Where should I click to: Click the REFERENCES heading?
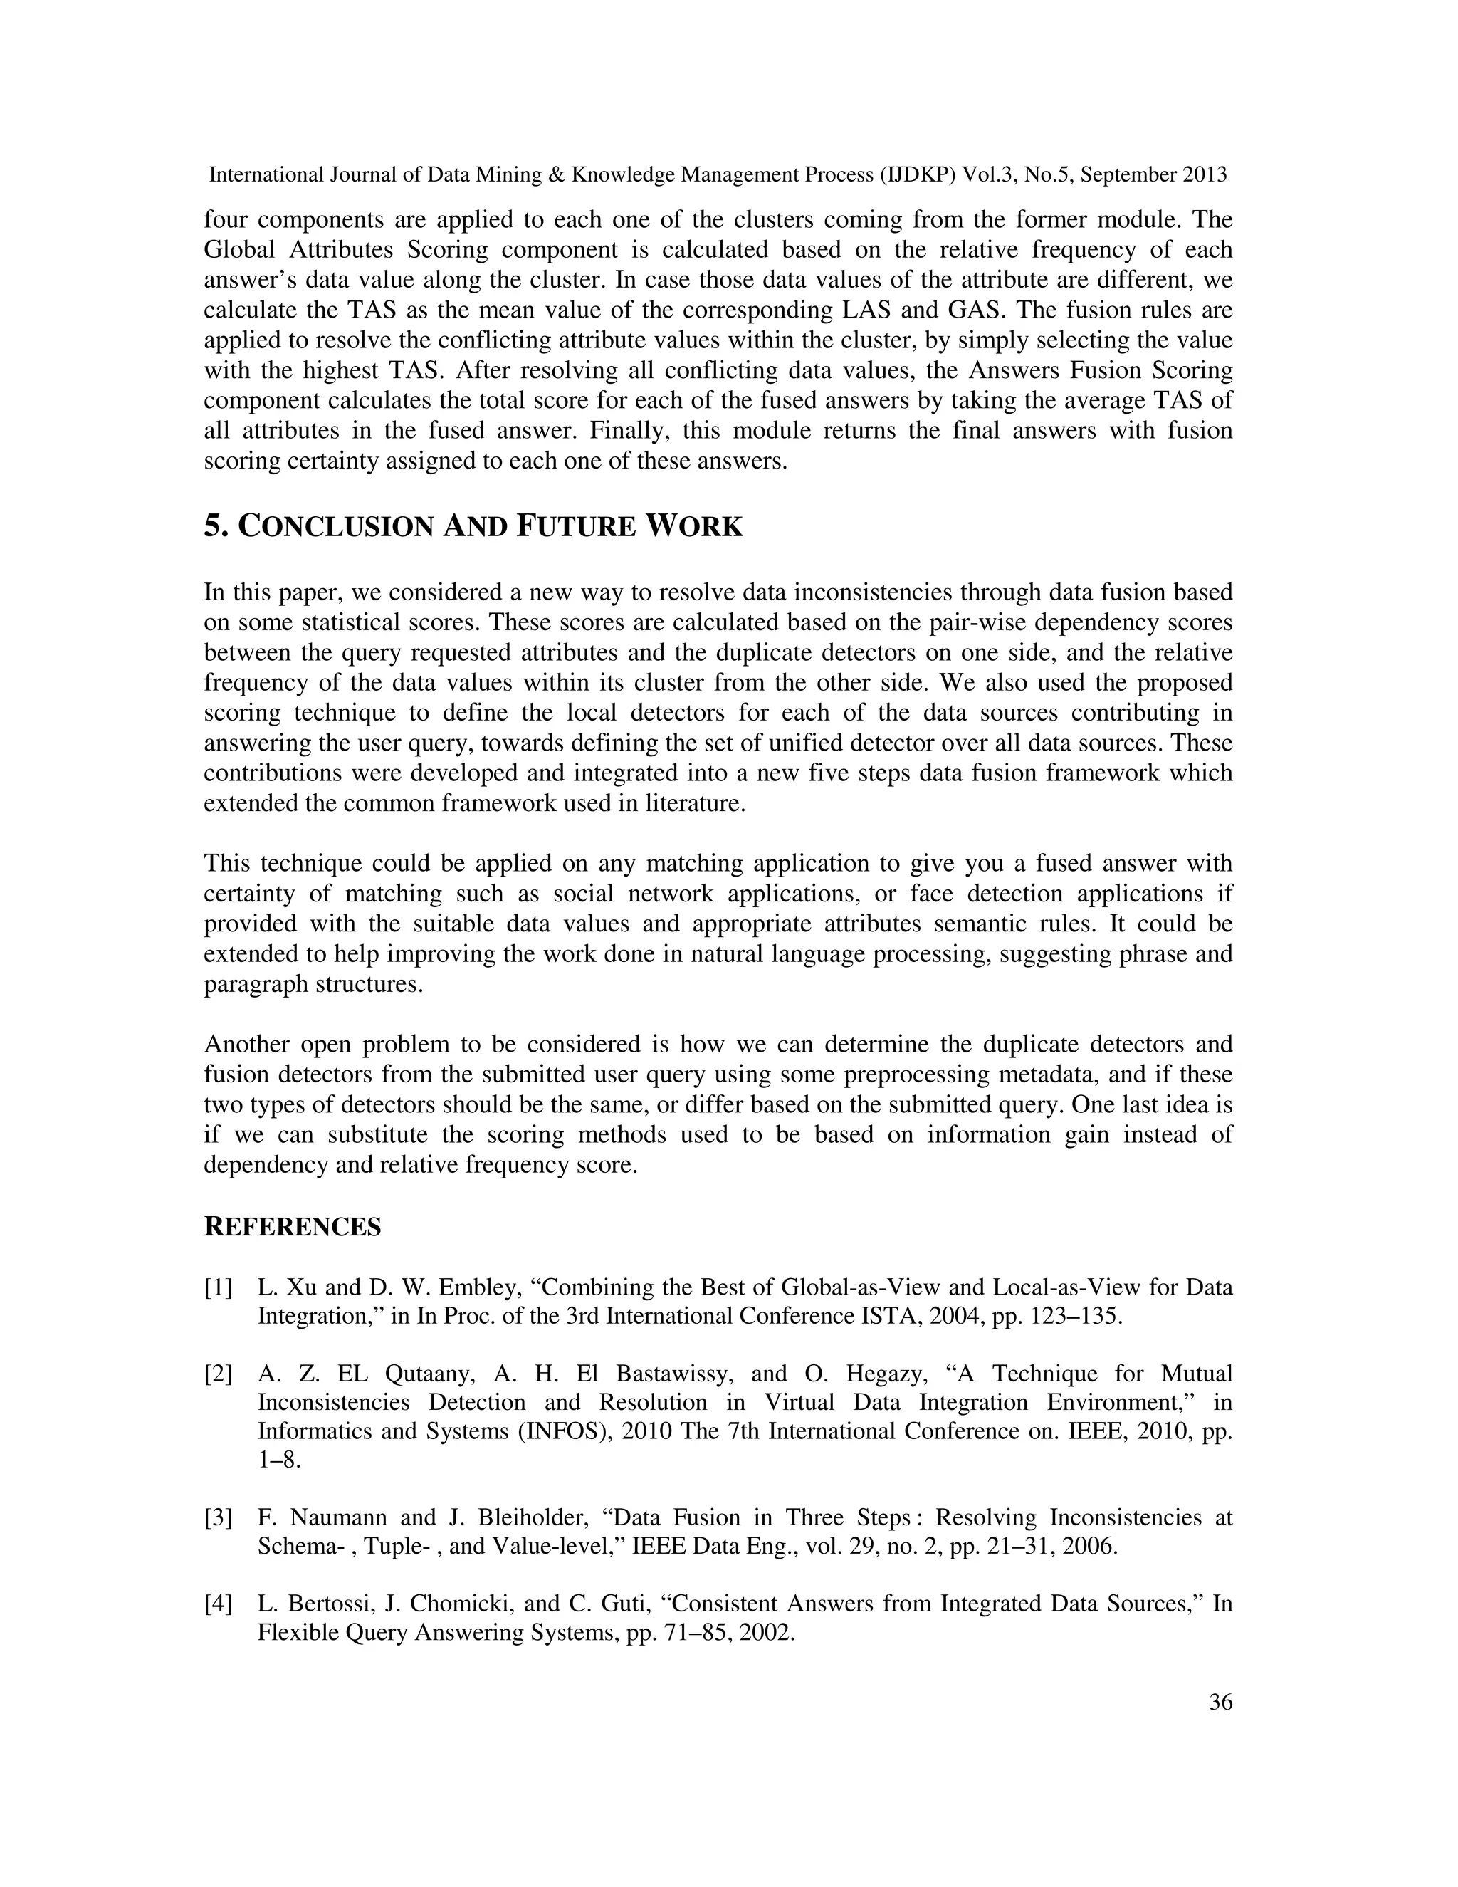point(292,1227)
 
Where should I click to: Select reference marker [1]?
point(219,1287)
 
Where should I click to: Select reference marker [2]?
point(219,1374)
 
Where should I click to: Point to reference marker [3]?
point(219,1517)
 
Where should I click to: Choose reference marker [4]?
point(219,1604)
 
